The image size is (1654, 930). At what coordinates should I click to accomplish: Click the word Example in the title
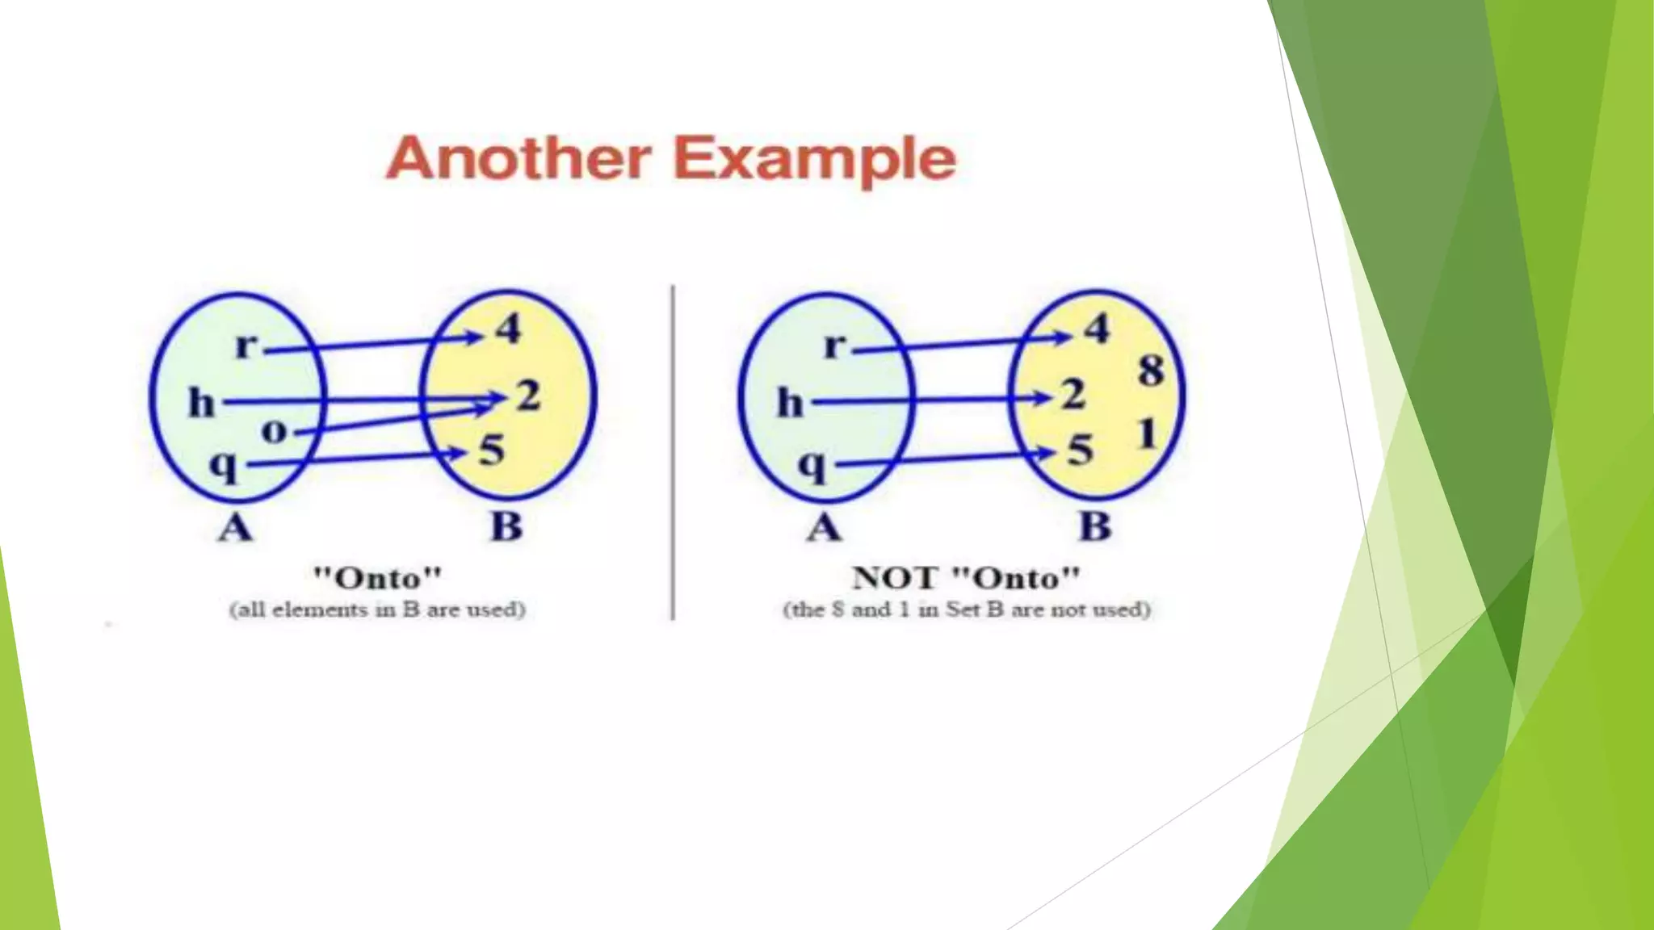(x=815, y=159)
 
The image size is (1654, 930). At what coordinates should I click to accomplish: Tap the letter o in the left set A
(x=275, y=431)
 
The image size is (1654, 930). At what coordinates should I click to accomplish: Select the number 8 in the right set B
(x=1151, y=371)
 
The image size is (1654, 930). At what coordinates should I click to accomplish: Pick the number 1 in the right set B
(x=1147, y=434)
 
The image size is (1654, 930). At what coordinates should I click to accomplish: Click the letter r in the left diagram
(x=246, y=346)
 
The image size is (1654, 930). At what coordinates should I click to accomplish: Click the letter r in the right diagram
(x=834, y=346)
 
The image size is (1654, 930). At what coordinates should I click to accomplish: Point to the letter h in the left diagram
(x=202, y=402)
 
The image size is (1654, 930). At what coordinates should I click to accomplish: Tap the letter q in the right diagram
(x=812, y=466)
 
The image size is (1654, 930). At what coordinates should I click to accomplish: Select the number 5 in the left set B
(x=491, y=450)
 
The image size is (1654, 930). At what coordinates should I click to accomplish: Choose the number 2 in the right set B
(x=1073, y=395)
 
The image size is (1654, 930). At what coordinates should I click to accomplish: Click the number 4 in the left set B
(x=509, y=329)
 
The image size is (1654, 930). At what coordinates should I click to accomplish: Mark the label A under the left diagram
(x=235, y=529)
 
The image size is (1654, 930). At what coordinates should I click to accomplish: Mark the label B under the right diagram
(x=1095, y=527)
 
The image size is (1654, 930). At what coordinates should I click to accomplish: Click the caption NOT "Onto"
(x=966, y=578)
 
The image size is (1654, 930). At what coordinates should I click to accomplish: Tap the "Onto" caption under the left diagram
(x=377, y=578)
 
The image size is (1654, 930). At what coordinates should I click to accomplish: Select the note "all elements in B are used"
(x=377, y=610)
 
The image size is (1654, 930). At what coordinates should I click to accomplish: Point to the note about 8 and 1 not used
(x=966, y=610)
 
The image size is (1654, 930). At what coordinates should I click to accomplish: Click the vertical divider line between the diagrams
(x=673, y=452)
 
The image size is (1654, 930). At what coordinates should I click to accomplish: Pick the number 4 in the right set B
(x=1097, y=329)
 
